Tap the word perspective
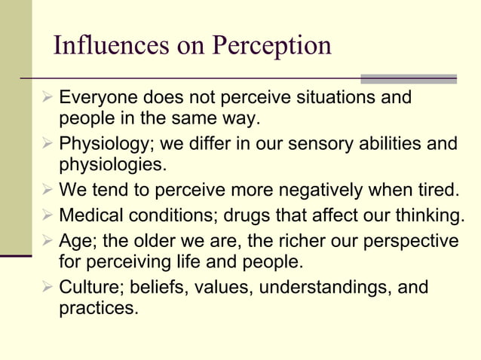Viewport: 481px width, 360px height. point(412,243)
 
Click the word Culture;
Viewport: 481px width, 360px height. point(89,288)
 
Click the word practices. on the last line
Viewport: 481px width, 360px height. point(99,308)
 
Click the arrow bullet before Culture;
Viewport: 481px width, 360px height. point(49,288)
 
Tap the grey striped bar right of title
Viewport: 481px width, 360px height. point(409,78)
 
